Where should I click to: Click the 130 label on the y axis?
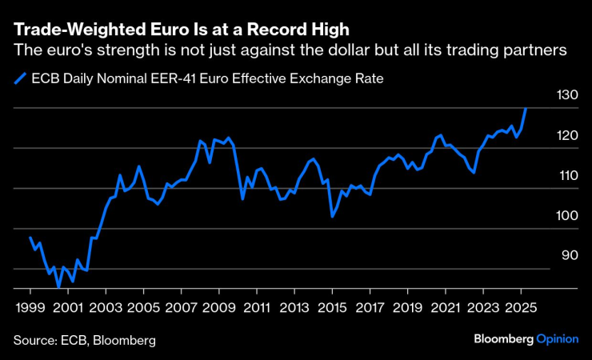coord(567,95)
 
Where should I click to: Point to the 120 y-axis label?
coord(567,135)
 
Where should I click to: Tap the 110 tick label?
coord(567,175)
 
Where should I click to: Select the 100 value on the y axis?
coord(567,215)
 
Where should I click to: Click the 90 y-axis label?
coord(567,255)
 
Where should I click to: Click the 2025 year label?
coord(520,307)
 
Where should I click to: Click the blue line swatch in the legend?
coord(19,79)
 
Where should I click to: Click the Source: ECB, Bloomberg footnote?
coord(84,340)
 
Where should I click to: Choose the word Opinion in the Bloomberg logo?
coord(557,339)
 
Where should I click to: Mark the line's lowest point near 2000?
coord(58,286)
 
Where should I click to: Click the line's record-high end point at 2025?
coord(526,108)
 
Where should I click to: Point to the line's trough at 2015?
coord(332,216)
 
